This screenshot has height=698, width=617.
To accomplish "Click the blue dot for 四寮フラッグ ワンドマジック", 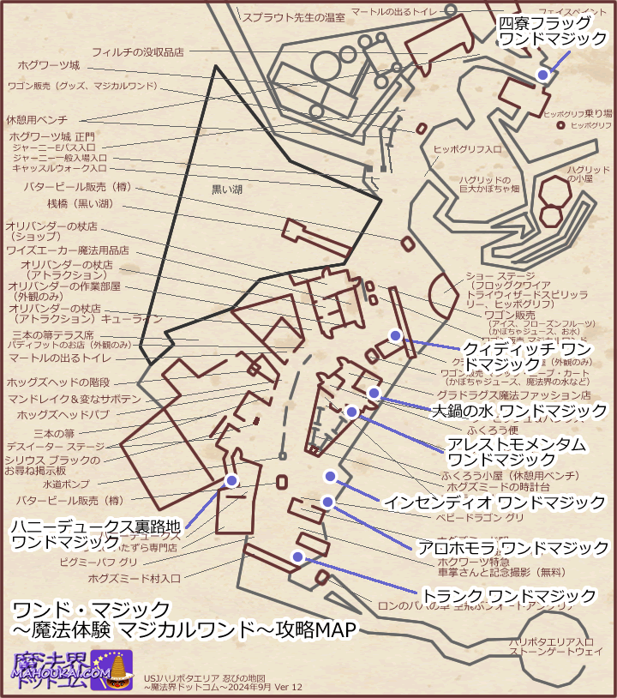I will pyautogui.click(x=542, y=75).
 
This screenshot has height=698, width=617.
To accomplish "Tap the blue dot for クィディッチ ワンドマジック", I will pyautogui.click(x=395, y=335).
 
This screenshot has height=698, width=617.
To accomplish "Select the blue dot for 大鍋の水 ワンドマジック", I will pyautogui.click(x=374, y=393).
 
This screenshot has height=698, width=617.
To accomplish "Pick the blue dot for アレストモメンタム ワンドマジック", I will pyautogui.click(x=351, y=412).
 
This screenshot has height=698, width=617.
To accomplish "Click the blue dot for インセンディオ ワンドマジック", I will pyautogui.click(x=330, y=476).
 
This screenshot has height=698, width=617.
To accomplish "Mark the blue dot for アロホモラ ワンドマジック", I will pyautogui.click(x=327, y=502).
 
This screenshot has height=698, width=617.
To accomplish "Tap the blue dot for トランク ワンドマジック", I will pyautogui.click(x=297, y=557).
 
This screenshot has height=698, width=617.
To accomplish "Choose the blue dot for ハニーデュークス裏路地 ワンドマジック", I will pyautogui.click(x=231, y=480).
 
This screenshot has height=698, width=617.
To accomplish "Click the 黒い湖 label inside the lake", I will pyautogui.click(x=229, y=188).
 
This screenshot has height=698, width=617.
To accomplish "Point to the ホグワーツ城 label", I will pyautogui.click(x=49, y=65).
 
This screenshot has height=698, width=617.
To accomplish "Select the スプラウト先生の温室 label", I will pyautogui.click(x=292, y=16).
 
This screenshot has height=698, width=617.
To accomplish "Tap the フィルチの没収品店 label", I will pyautogui.click(x=138, y=51).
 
